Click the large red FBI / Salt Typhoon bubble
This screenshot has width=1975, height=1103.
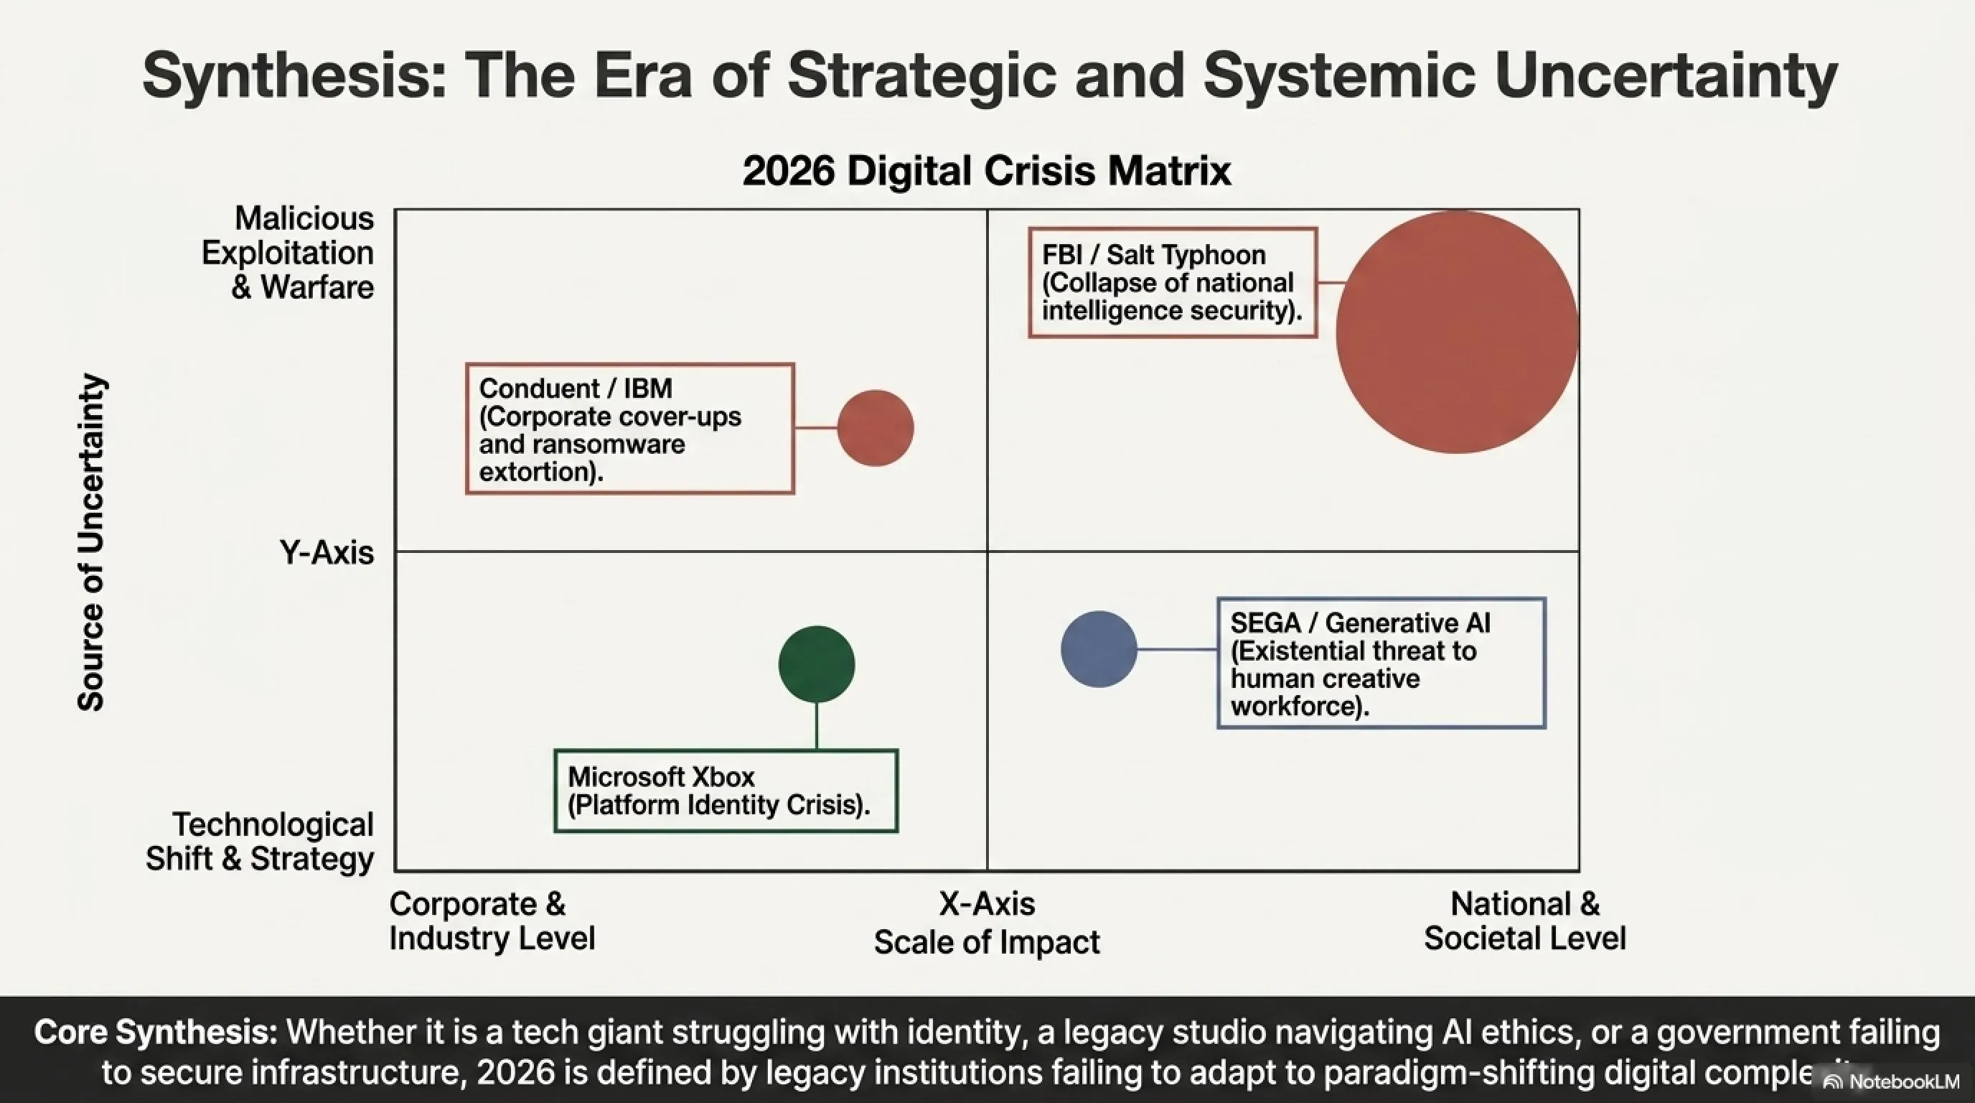click(x=1457, y=332)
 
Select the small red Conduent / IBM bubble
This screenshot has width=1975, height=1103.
click(x=876, y=428)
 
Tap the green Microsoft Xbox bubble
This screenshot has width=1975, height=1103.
click(x=817, y=664)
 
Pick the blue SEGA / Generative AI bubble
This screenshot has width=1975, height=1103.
click(x=1099, y=649)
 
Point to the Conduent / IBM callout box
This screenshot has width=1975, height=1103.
click(x=630, y=429)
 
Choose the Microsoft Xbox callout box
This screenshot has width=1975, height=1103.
click(x=726, y=791)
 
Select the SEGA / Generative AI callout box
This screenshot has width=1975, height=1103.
click(x=1381, y=663)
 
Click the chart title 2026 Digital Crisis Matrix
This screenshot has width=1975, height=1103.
click(x=987, y=171)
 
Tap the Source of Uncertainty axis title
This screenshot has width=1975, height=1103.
click(x=91, y=542)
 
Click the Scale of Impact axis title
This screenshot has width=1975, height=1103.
click(x=987, y=942)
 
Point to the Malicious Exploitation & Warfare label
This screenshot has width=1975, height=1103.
click(x=288, y=253)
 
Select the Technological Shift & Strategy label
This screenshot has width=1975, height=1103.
click(x=260, y=842)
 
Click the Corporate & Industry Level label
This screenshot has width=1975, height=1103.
click(x=492, y=921)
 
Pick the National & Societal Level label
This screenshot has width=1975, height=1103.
click(x=1525, y=921)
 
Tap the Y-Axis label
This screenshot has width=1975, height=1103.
click(x=327, y=552)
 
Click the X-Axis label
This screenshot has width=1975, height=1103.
click(x=987, y=904)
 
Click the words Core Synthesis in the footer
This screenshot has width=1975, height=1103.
click(x=156, y=1033)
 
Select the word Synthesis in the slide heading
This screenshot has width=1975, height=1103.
click(x=294, y=76)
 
